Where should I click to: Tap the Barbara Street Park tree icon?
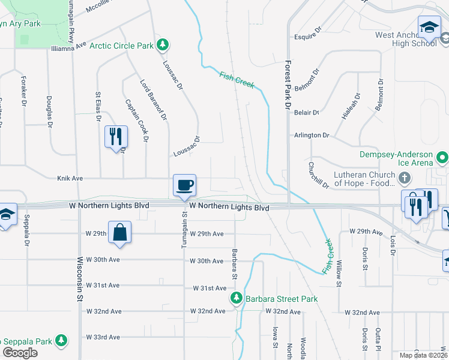[x=238, y=298]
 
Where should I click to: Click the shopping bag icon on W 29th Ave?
[x=120, y=232]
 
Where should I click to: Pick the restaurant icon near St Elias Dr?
[x=116, y=137]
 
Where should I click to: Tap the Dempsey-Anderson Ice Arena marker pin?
[x=443, y=158]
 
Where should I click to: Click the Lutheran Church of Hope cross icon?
[x=405, y=178]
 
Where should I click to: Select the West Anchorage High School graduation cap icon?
[x=430, y=27]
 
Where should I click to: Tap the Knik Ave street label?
[x=70, y=178]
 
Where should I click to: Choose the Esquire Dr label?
[x=308, y=37]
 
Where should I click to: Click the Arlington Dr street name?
[x=312, y=135]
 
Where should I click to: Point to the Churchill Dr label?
[x=319, y=175]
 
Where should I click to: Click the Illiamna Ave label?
[x=70, y=47]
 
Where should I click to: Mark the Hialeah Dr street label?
[x=351, y=106]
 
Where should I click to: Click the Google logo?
[x=20, y=353]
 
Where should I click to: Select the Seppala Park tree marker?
[x=61, y=341]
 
